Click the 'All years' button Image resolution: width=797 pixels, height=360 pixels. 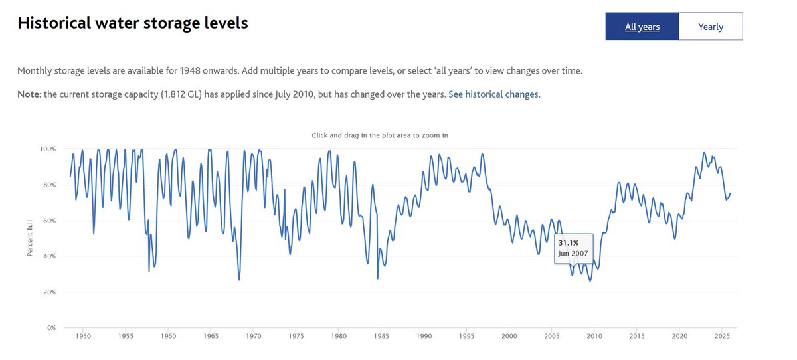642,27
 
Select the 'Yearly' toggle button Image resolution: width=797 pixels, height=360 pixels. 710,27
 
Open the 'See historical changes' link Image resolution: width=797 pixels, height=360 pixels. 494,94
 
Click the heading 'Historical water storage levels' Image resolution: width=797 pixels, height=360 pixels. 132,23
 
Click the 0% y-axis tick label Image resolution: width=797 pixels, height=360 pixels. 51,328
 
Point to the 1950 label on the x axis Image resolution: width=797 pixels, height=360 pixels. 82,337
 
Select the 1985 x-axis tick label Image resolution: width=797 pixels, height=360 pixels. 381,337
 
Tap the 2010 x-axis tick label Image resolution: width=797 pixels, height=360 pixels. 594,337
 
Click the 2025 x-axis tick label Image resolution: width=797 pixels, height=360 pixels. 723,337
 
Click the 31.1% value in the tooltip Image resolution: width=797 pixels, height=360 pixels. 568,243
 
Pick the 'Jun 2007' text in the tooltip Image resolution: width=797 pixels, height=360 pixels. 573,254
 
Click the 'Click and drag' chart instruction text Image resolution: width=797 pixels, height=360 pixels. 379,135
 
